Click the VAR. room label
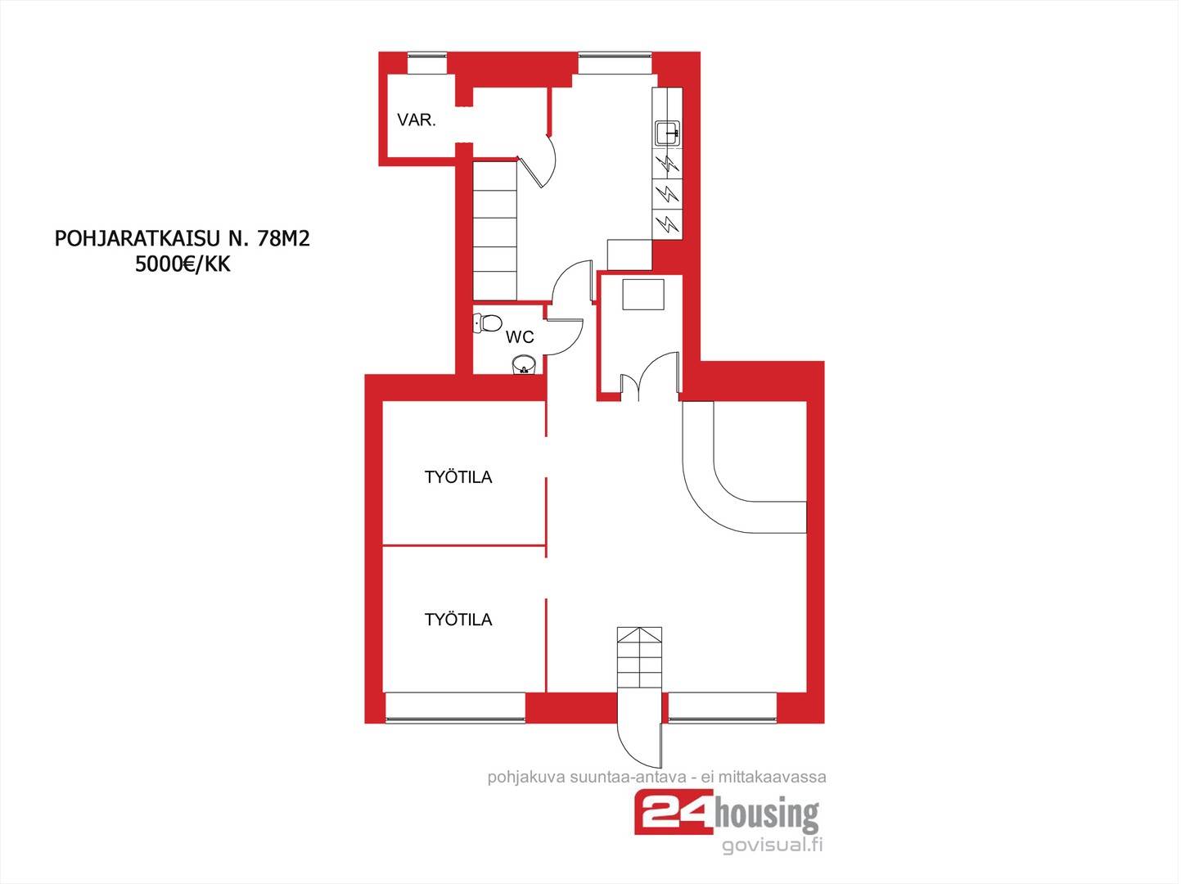[416, 120]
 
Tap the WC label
[519, 337]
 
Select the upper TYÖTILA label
[458, 477]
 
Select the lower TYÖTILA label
[458, 620]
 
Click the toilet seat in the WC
[488, 323]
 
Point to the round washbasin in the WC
[523, 364]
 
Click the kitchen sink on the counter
[668, 133]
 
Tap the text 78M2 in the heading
[283, 239]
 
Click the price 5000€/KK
[183, 264]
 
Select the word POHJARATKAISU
[137, 239]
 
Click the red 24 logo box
[674, 812]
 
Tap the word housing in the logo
[766, 814]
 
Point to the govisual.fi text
[772, 846]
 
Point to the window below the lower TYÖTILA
[455, 707]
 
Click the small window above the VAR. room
[426, 63]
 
